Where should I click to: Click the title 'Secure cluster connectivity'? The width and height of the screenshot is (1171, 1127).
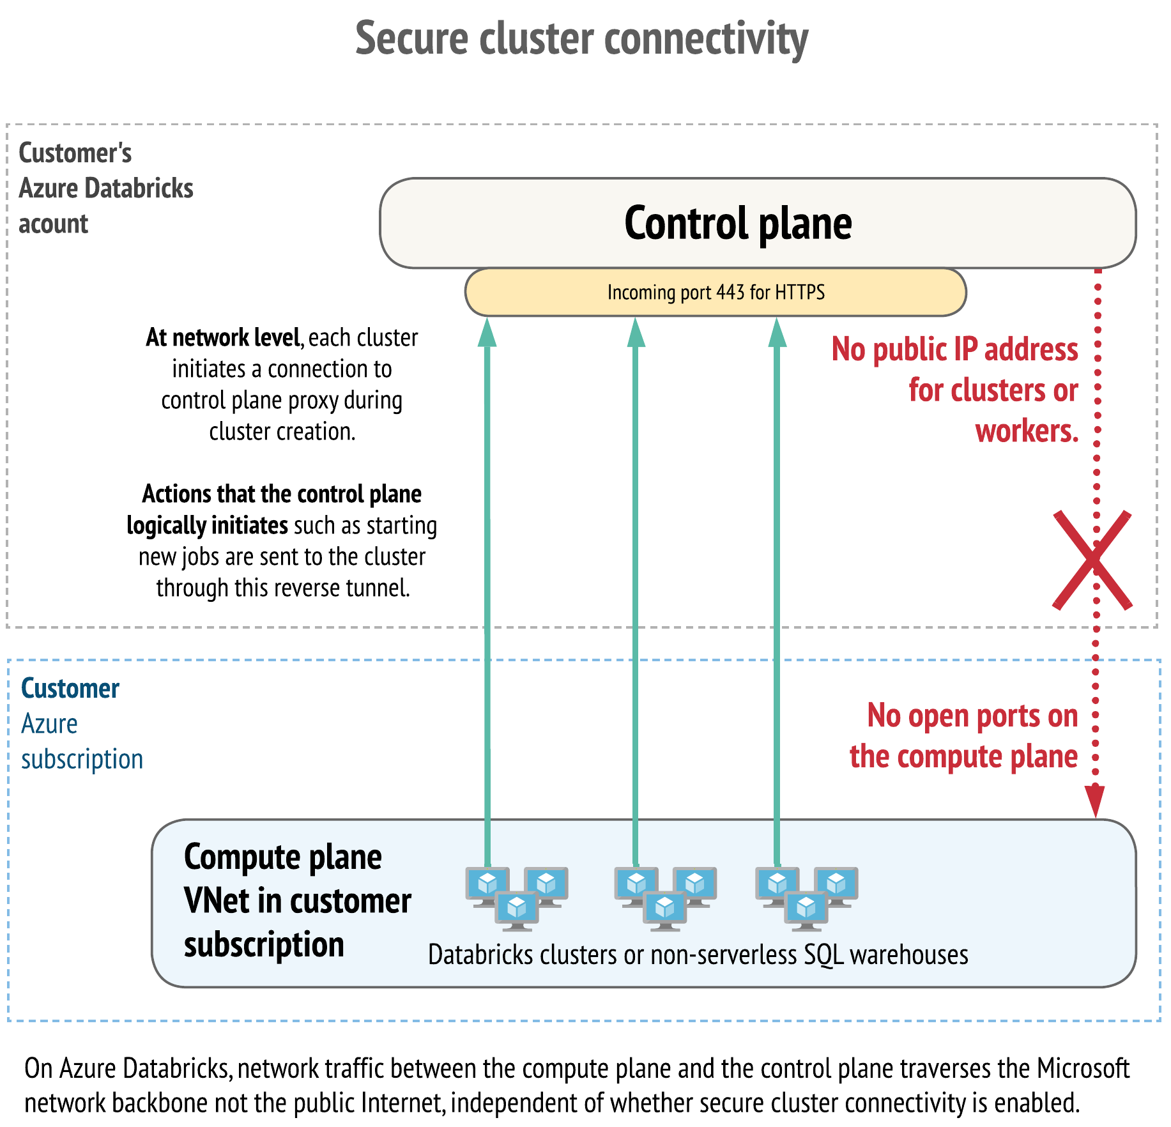(x=581, y=38)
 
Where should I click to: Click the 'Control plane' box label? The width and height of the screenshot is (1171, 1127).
(x=738, y=224)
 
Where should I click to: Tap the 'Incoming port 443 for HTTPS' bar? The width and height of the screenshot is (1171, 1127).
(x=716, y=293)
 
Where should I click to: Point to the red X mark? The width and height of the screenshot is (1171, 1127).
(x=1092, y=560)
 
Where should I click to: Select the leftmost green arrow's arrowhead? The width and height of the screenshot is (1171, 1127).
(x=487, y=332)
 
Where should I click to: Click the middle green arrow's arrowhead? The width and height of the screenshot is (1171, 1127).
(x=636, y=332)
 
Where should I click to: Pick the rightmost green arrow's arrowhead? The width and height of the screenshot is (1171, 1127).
(x=777, y=332)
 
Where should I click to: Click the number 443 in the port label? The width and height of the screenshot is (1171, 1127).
(x=730, y=293)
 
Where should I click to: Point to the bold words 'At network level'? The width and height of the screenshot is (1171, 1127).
(x=223, y=337)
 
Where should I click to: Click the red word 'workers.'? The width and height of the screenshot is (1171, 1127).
(x=1027, y=431)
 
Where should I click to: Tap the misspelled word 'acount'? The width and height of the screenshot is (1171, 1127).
(x=53, y=224)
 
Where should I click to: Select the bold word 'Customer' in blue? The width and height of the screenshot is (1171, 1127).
(x=70, y=689)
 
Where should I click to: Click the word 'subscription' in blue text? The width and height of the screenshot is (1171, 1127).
(x=82, y=760)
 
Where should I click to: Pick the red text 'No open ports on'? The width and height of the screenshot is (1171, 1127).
(x=972, y=716)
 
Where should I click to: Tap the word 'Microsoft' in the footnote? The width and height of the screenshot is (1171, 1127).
(x=1083, y=1069)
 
